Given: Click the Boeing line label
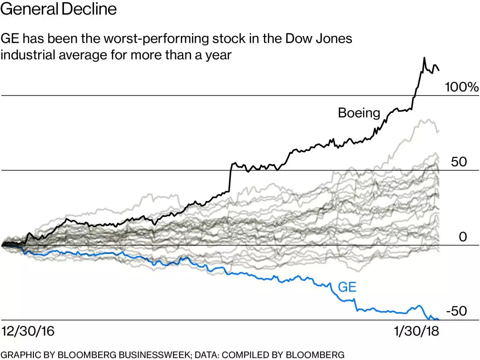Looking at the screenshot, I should click(x=359, y=113).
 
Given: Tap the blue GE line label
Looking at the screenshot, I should click(x=347, y=287).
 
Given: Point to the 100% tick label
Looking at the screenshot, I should click(x=461, y=87).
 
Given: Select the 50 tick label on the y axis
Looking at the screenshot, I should click(x=459, y=162).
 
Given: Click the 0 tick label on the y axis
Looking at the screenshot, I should click(x=463, y=237).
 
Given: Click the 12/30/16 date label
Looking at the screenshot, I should click(x=28, y=332).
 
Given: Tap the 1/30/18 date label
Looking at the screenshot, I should click(x=416, y=332).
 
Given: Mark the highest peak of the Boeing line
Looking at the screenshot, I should click(x=424, y=58).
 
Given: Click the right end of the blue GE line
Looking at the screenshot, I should click(x=438, y=319).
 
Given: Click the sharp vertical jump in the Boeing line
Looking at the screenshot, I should click(x=230, y=178).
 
